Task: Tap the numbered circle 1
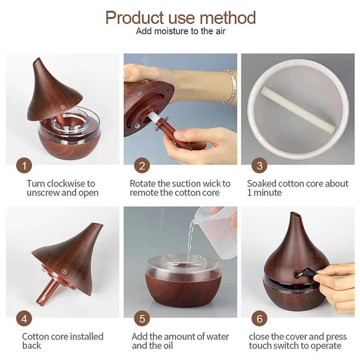(x=24, y=166)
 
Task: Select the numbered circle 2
(x=142, y=166)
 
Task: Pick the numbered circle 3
(x=259, y=166)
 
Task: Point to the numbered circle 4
(x=24, y=318)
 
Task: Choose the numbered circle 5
(x=142, y=318)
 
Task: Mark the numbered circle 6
(x=259, y=318)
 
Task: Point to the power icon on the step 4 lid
(x=65, y=271)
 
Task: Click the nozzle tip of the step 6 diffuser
(x=295, y=215)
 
